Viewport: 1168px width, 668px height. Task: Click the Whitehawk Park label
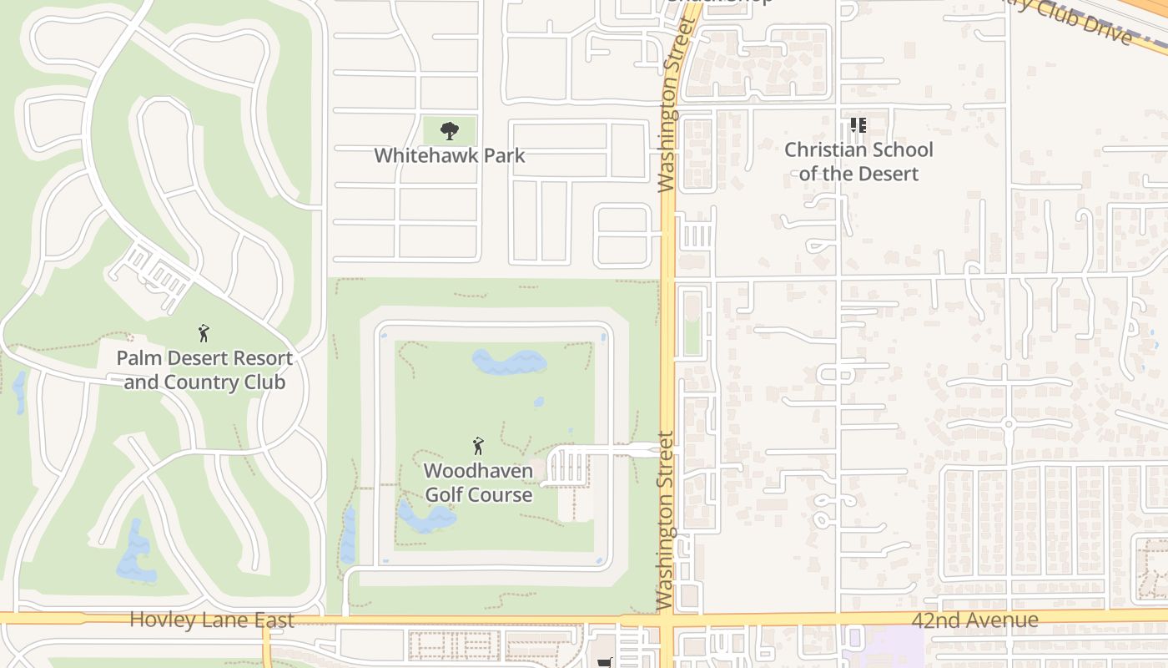pos(450,155)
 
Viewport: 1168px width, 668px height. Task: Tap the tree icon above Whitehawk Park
pos(450,130)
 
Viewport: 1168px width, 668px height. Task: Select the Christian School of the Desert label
pos(858,162)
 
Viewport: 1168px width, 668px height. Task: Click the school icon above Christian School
pos(858,126)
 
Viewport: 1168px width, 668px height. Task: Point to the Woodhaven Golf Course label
pos(478,483)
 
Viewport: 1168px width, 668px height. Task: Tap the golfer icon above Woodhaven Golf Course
pos(478,446)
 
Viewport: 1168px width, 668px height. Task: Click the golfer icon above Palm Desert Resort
pos(204,334)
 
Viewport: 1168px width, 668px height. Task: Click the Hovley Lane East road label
pos(212,620)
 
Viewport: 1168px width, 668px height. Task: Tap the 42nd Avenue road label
pos(974,620)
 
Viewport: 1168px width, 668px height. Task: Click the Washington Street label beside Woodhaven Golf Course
pos(665,519)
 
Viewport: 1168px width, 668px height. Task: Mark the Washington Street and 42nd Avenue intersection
pos(667,620)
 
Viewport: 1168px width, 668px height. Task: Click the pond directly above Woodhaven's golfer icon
pos(509,362)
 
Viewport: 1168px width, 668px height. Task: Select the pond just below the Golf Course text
pos(426,518)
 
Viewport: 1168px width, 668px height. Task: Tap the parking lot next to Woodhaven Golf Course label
pos(566,466)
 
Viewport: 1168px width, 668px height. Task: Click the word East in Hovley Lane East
pos(271,620)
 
